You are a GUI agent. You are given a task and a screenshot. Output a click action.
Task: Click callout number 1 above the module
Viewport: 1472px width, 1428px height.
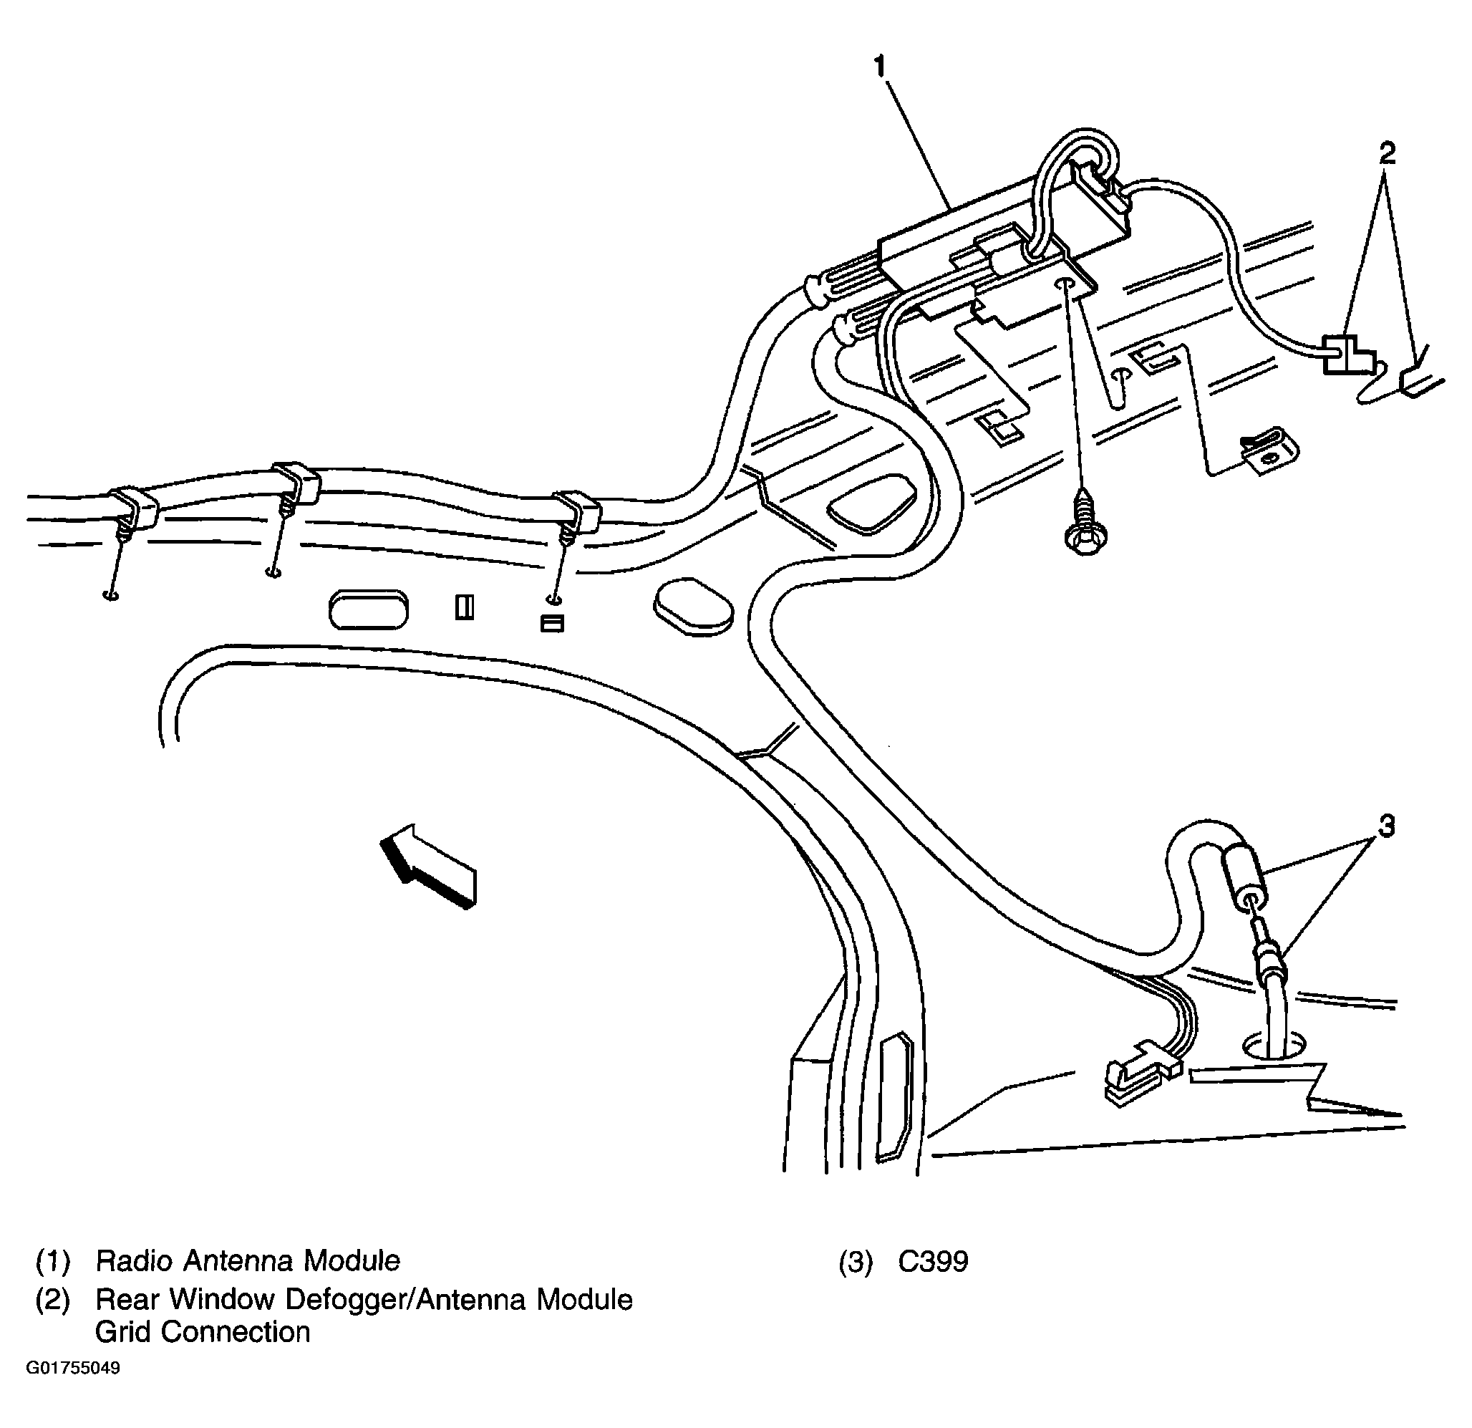click(x=880, y=67)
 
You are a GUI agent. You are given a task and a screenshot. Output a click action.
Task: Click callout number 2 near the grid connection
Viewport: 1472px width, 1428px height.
click(x=1386, y=153)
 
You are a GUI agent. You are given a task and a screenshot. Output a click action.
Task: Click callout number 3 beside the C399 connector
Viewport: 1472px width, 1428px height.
click(x=1386, y=826)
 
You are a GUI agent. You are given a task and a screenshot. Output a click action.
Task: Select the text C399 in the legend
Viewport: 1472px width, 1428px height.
click(x=933, y=1262)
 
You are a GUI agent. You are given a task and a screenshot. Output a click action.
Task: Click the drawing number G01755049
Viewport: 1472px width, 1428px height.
click(x=73, y=1367)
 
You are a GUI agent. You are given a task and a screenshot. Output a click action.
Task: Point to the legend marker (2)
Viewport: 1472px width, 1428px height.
click(x=52, y=1300)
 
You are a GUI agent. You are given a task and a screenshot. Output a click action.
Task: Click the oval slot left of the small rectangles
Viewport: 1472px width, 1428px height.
click(x=368, y=610)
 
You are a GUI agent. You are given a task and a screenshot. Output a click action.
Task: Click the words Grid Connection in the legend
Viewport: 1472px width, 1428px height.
click(x=202, y=1332)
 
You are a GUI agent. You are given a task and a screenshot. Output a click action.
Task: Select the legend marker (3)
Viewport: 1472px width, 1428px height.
click(x=856, y=1262)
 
